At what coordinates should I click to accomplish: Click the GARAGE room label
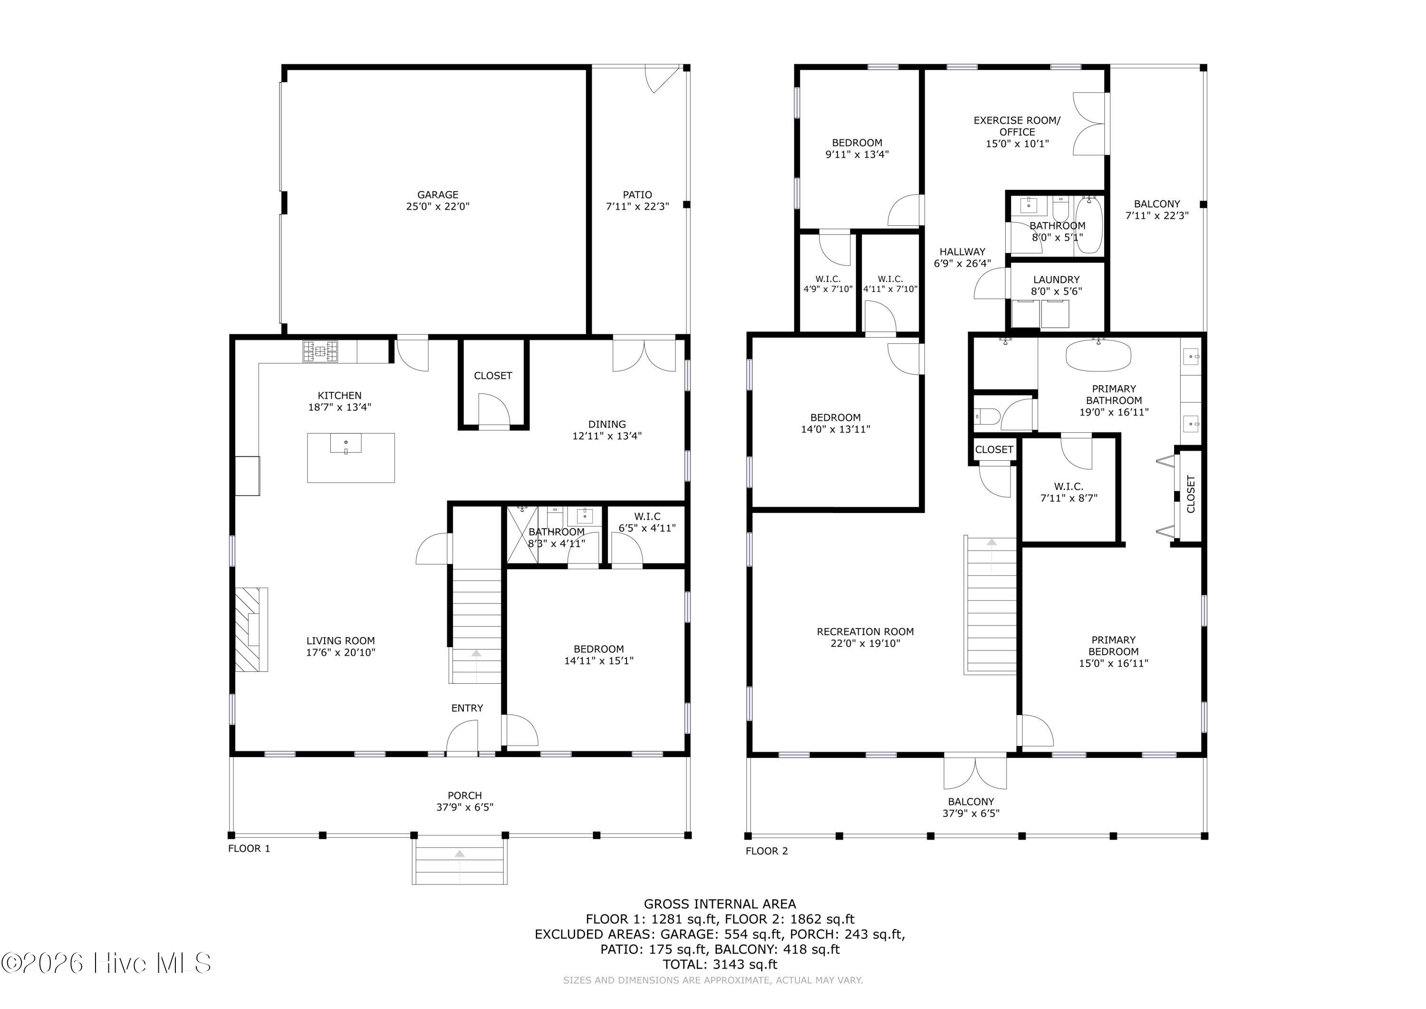[x=437, y=194]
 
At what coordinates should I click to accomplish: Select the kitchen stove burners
[x=320, y=352]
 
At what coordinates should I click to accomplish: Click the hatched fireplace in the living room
[x=251, y=630]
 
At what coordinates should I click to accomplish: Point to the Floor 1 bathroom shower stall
[x=522, y=535]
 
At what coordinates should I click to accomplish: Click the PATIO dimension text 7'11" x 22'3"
[x=637, y=206]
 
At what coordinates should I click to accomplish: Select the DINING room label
[x=607, y=424]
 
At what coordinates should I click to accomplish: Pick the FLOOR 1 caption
[x=249, y=848]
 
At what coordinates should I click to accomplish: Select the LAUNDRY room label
[x=1057, y=280]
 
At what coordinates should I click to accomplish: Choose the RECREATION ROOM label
[x=865, y=632]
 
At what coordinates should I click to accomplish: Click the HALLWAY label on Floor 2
[x=962, y=252]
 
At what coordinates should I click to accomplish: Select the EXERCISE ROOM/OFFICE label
[x=1017, y=126]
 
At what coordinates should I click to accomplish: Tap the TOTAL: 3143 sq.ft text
[x=720, y=964]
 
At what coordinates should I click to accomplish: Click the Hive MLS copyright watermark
[x=106, y=963]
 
